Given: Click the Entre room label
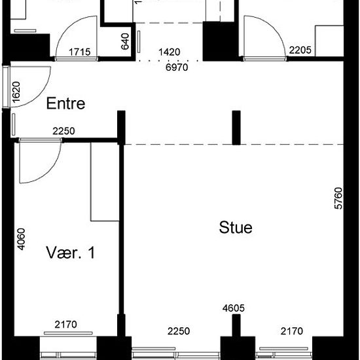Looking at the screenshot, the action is click(65, 103).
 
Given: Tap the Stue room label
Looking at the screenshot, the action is click(236, 228).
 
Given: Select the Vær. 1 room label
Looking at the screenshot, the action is click(71, 253).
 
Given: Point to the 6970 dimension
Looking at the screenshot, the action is click(177, 67).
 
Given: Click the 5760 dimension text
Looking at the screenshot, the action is click(338, 198).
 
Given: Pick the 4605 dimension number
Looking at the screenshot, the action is click(234, 308).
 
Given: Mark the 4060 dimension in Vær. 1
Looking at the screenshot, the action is click(22, 239).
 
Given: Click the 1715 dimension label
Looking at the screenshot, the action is click(80, 52).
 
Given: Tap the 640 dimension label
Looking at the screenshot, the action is click(125, 41).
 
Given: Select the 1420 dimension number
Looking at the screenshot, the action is click(170, 52).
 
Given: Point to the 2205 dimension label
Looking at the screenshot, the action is click(300, 50).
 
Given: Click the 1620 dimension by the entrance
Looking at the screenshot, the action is click(16, 92).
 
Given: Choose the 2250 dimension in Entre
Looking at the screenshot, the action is click(63, 131).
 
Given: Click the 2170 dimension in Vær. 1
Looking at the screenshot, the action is click(65, 325).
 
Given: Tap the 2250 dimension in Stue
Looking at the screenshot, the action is click(179, 331).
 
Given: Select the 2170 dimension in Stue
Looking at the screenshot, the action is click(292, 331).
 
